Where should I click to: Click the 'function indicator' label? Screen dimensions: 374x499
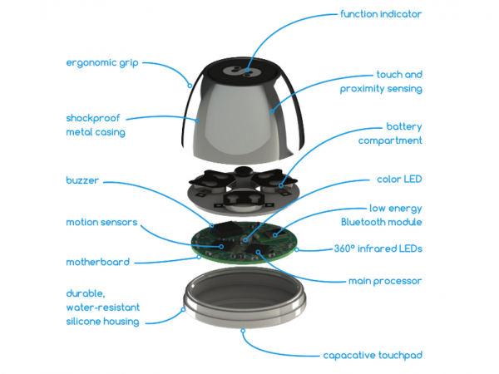tap(380, 15)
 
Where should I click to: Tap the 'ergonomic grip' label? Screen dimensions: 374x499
tap(101, 62)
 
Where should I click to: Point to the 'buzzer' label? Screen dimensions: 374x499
tap(83, 180)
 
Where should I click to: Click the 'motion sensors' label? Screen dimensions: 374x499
tap(101, 222)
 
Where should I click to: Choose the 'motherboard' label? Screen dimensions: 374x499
tap(97, 262)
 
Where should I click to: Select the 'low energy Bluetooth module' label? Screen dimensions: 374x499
tap(388, 215)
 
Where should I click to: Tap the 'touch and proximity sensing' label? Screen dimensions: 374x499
tap(387, 81)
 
